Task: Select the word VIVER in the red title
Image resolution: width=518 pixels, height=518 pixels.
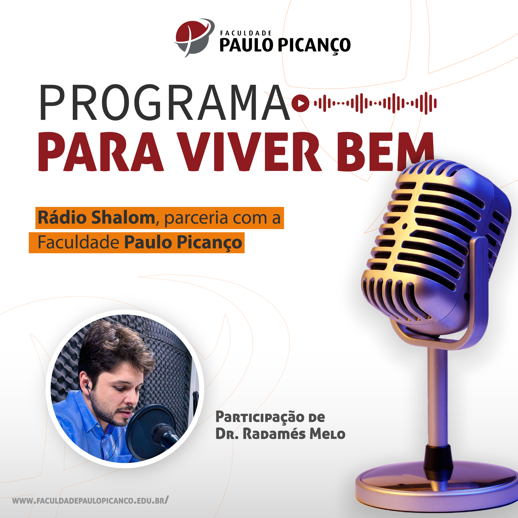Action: click(250, 152)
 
